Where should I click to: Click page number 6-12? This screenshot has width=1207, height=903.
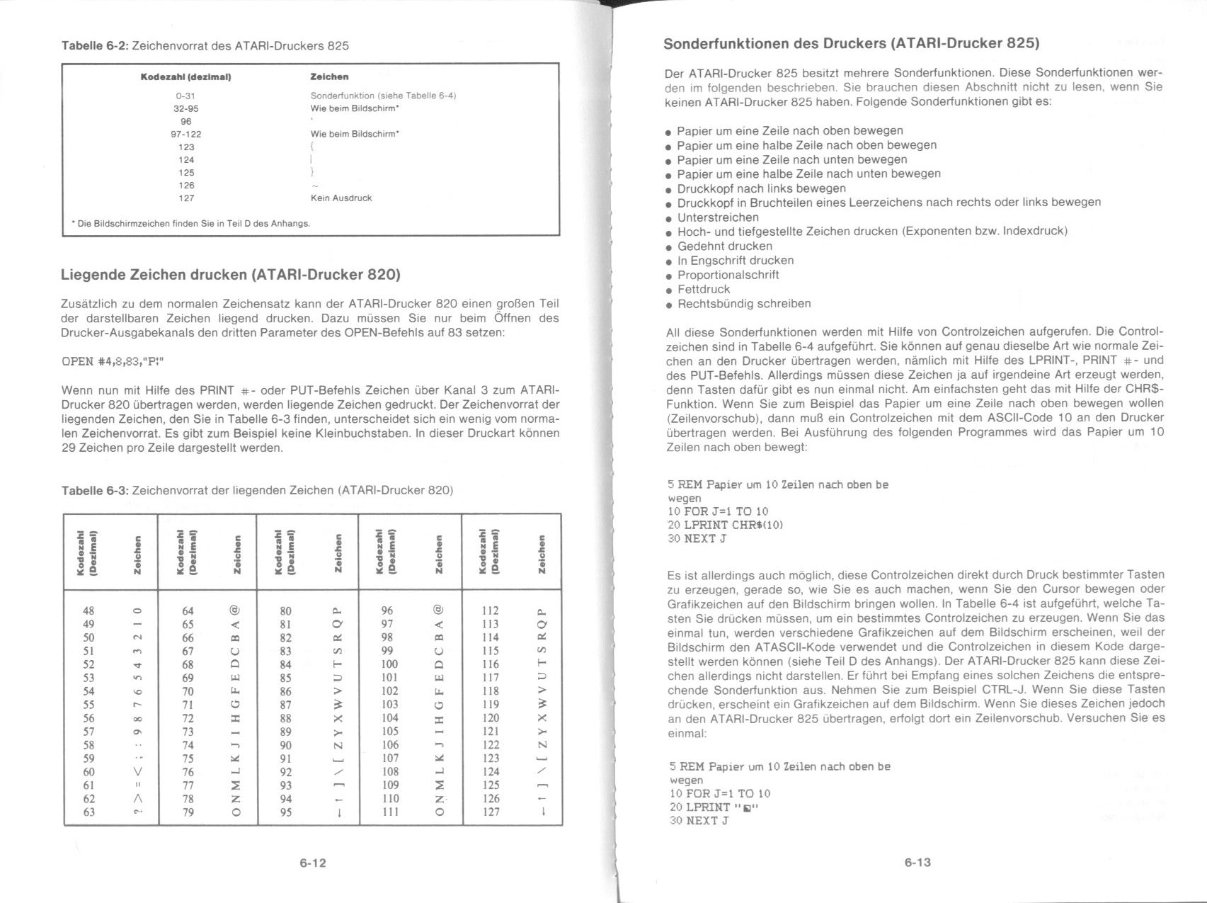coord(312,863)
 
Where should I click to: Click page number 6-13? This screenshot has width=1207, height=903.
coord(917,862)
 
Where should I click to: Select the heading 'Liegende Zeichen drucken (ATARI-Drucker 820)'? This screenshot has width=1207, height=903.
coord(231,274)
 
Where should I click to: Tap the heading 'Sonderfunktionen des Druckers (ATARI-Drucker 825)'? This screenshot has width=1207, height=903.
coord(851,43)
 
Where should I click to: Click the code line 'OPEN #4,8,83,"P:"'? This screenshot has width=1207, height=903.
coord(113,361)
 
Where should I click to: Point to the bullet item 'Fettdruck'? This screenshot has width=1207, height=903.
coord(703,289)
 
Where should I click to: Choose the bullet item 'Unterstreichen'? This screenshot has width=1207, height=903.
coord(717,217)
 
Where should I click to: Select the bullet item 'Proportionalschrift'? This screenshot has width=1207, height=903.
coord(728,275)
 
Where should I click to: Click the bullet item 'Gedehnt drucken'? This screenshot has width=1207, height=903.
coord(724,246)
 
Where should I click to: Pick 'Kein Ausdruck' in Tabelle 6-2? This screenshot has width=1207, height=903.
coord(341,198)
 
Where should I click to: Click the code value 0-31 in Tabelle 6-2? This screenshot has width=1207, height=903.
coord(185,96)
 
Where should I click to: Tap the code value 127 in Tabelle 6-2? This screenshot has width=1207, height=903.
coord(185,198)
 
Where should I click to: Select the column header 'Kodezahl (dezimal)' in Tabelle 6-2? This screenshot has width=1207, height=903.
coord(185,76)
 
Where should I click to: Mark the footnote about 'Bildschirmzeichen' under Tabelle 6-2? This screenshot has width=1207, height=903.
coord(191,223)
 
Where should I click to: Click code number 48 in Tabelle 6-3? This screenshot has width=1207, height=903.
coord(88,610)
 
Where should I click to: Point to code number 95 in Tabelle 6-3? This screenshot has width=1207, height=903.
coord(286,812)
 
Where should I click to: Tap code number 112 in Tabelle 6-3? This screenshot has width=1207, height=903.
coord(490,610)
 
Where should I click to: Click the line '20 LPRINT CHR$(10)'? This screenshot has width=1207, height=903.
coord(726,525)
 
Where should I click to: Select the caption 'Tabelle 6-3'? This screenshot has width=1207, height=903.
coord(95,490)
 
